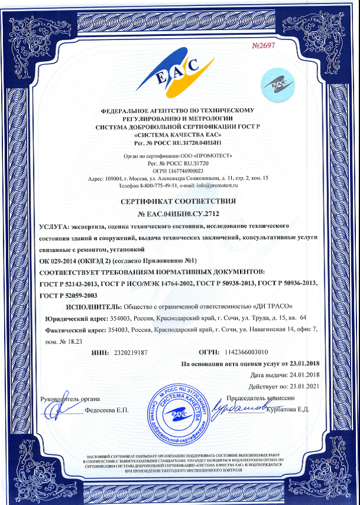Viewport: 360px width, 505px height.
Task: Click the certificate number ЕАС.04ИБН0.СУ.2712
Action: coord(181,213)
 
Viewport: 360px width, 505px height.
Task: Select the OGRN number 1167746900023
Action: coord(186,170)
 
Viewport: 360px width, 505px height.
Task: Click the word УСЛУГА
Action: coord(53,227)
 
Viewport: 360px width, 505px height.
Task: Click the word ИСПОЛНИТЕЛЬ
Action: coord(93,307)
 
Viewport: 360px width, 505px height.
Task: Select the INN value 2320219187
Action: coord(129,352)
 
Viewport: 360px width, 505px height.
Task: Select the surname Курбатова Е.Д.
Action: coord(286,410)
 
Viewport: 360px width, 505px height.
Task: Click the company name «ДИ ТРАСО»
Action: coord(272,307)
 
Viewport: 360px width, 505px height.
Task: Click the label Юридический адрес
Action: coord(75,318)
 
